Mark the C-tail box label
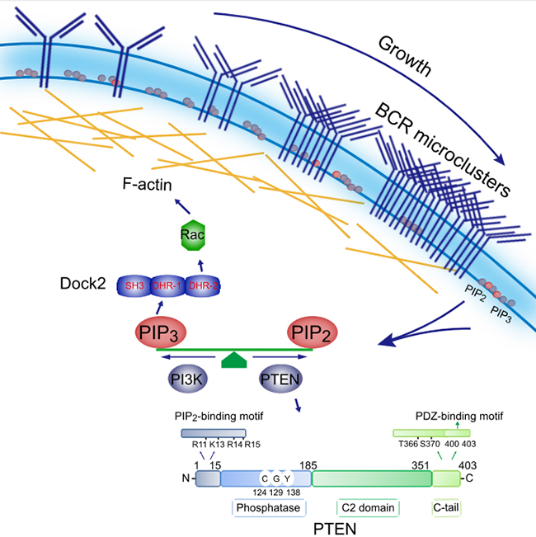(446, 506)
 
